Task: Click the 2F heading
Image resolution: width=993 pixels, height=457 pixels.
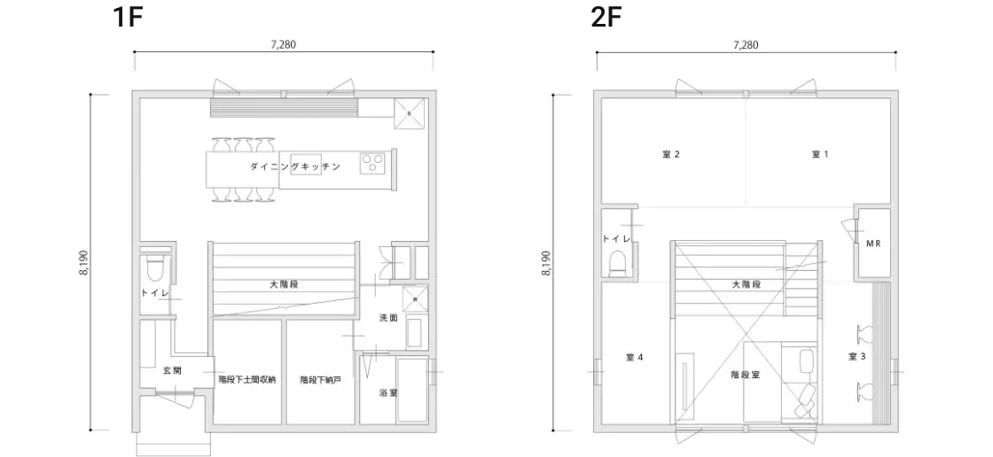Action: [x=606, y=16]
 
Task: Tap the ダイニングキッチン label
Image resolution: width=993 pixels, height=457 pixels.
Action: [x=295, y=167]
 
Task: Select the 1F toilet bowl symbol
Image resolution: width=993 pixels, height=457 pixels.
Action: [x=154, y=270]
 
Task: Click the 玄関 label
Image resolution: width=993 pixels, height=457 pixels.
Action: [x=172, y=370]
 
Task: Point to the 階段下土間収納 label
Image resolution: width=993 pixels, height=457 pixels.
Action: [x=247, y=380]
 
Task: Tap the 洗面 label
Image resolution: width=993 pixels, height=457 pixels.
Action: [x=387, y=318]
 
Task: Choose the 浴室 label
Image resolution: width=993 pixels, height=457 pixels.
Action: [x=388, y=392]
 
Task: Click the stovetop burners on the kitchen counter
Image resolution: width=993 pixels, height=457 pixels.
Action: [x=372, y=164]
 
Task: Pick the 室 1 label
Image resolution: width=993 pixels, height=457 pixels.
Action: [x=820, y=154]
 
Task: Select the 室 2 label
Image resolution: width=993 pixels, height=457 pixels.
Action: [x=671, y=154]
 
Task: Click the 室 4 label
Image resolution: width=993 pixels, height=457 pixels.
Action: [x=635, y=357]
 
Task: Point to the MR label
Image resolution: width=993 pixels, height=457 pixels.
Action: [x=873, y=243]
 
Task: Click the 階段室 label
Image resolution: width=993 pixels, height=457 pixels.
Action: [x=746, y=374]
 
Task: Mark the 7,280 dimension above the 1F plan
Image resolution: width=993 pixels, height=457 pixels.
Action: [x=284, y=44]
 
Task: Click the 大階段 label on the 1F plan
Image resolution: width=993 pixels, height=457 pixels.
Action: [x=284, y=285]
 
